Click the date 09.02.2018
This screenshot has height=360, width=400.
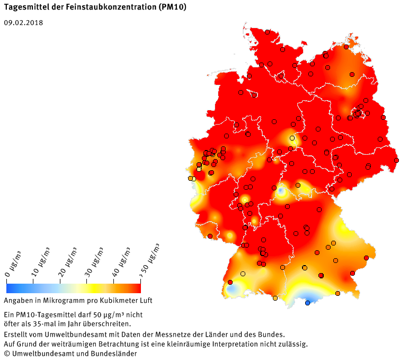click(23, 23)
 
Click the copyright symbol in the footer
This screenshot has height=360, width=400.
click(7, 353)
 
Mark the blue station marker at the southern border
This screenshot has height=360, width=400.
click(308, 303)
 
